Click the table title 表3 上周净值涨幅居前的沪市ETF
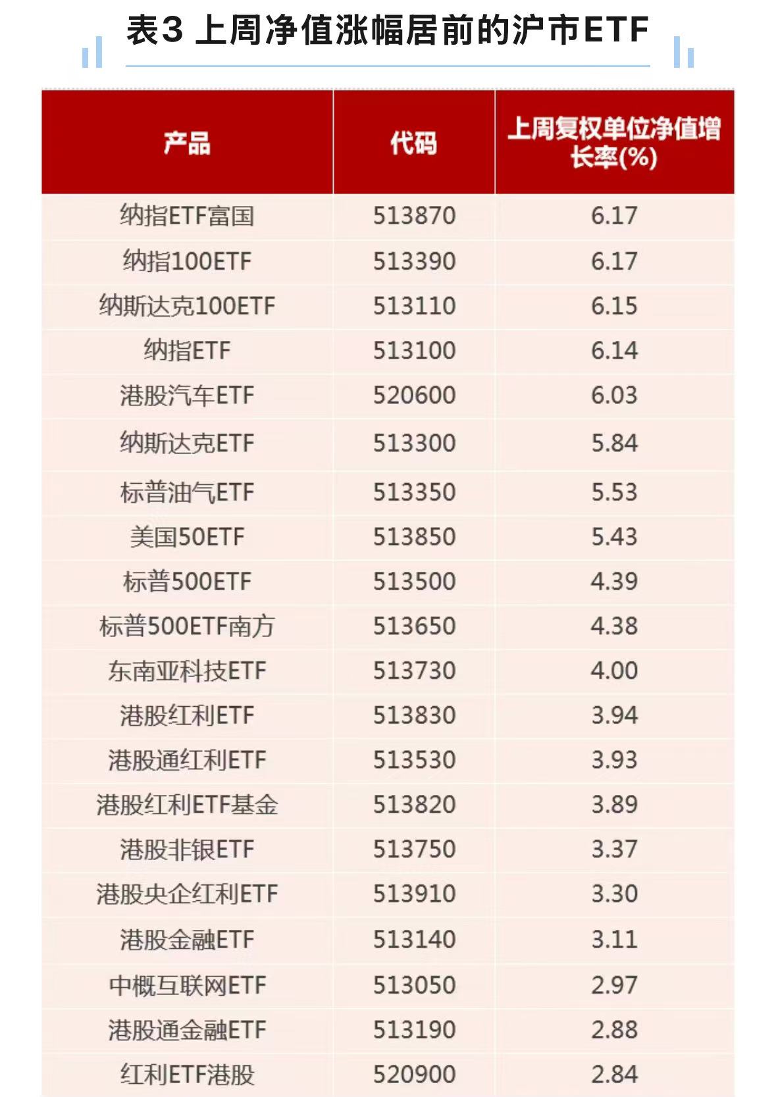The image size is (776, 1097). pyautogui.click(x=388, y=30)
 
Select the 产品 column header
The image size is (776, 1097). pyautogui.click(x=187, y=143)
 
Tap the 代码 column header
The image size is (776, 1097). pyautogui.click(x=413, y=143)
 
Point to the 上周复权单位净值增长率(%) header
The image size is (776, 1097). pyautogui.click(x=614, y=142)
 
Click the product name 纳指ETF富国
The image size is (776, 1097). pyautogui.click(x=187, y=216)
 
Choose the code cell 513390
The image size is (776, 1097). pyautogui.click(x=414, y=261)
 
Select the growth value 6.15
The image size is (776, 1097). pyautogui.click(x=614, y=306)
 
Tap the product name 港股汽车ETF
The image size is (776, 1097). pyautogui.click(x=187, y=395)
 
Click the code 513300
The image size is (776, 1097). pyautogui.click(x=414, y=443)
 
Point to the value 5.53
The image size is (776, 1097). pyautogui.click(x=614, y=492)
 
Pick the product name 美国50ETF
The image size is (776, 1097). pyautogui.click(x=187, y=537)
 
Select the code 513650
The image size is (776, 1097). pyautogui.click(x=414, y=626)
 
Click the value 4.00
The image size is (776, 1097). pyautogui.click(x=614, y=671)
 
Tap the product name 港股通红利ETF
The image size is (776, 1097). pyautogui.click(x=187, y=760)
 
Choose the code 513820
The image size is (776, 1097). pyautogui.click(x=414, y=804)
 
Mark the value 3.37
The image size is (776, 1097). pyautogui.click(x=614, y=849)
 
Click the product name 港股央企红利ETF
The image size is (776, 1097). pyautogui.click(x=187, y=894)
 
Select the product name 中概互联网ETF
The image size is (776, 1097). pyautogui.click(x=187, y=985)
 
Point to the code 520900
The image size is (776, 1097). pyautogui.click(x=414, y=1075)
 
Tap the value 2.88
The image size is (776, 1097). pyautogui.click(x=614, y=1030)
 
